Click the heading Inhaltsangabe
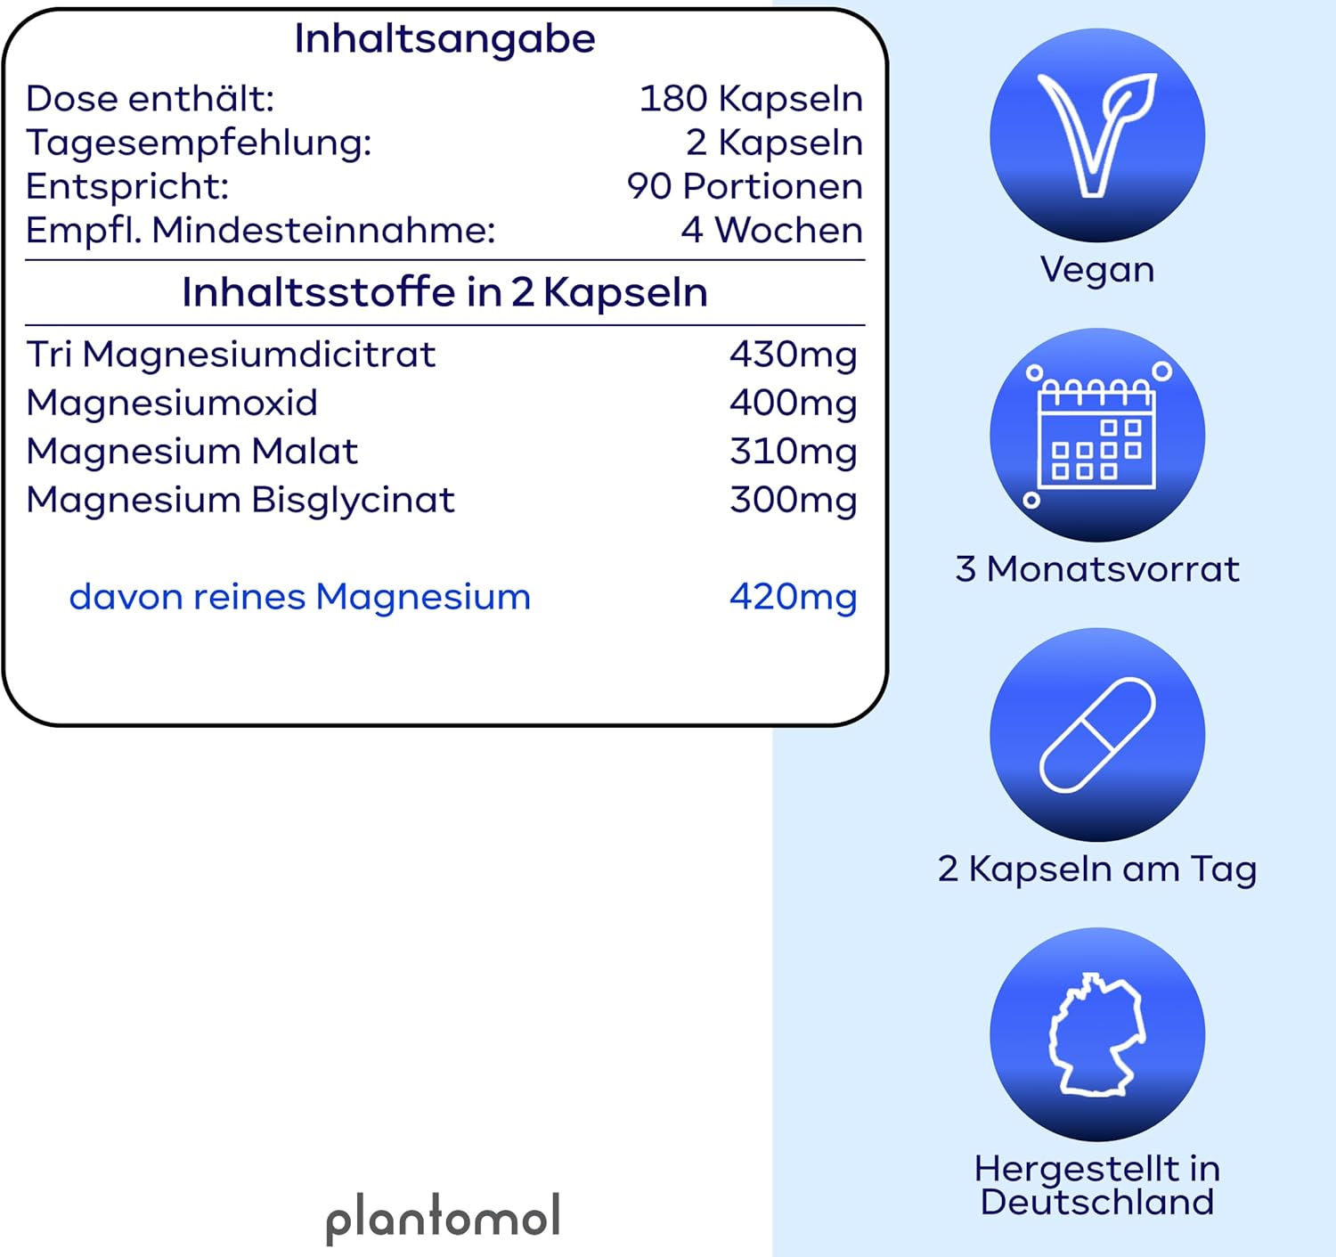pyautogui.click(x=444, y=39)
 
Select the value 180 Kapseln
pyautogui.click(x=751, y=99)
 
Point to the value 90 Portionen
pyautogui.click(x=745, y=186)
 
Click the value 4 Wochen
pyautogui.click(x=771, y=230)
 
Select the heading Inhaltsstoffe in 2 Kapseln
pyautogui.click(x=444, y=293)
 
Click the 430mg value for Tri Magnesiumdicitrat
pyautogui.click(x=793, y=355)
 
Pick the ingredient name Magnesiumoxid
pyautogui.click(x=172, y=403)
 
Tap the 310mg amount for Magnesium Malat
pyautogui.click(x=793, y=453)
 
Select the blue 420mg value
pyautogui.click(x=793, y=598)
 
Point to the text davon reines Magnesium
pyautogui.click(x=300, y=598)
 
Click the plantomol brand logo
pyautogui.click(x=443, y=1219)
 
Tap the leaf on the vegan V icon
pyautogui.click(x=1129, y=100)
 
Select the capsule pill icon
pyautogui.click(x=1097, y=735)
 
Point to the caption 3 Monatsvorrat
pyautogui.click(x=1097, y=569)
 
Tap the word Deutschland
pyautogui.click(x=1097, y=1202)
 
